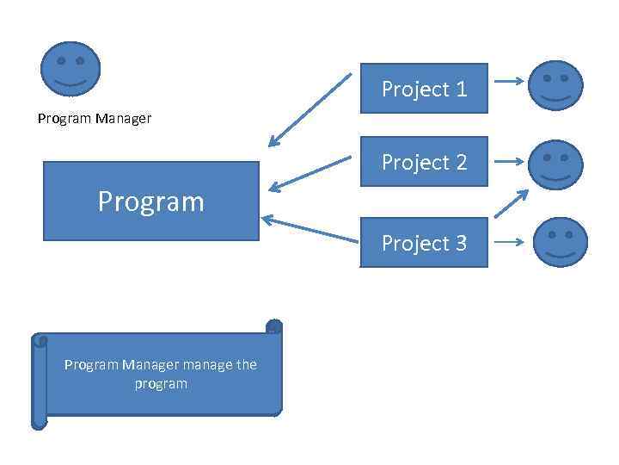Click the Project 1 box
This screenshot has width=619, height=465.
423,89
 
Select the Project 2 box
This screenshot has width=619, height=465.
423,162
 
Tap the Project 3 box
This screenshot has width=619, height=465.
423,243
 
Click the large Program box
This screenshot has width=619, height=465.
150,201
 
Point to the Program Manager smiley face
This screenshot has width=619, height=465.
70,69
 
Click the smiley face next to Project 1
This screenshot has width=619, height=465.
555,85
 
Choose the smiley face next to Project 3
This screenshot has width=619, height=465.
561,242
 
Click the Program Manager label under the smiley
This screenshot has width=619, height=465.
95,119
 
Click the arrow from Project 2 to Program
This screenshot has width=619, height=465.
309,172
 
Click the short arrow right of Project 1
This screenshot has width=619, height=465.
509,83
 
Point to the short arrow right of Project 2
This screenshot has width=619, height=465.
510,161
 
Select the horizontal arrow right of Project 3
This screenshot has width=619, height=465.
510,242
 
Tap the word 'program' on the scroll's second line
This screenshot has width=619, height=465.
161,383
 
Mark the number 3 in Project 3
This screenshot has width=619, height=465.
461,243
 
